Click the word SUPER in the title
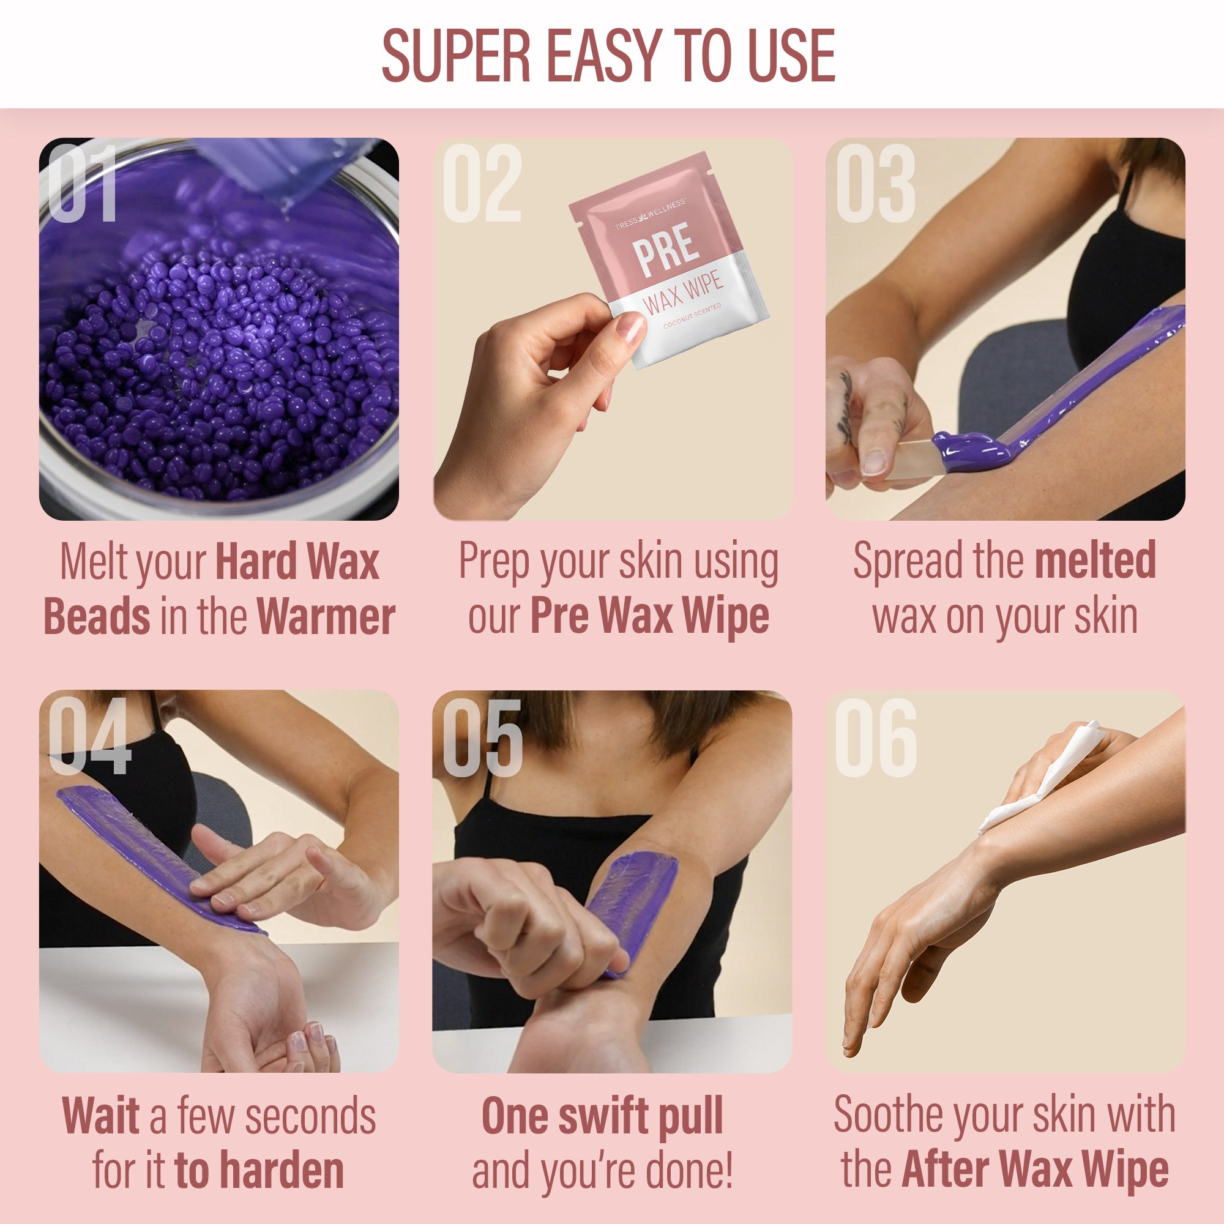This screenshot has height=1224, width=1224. point(456,56)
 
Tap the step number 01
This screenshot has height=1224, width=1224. point(83,183)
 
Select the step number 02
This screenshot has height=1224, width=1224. point(482,183)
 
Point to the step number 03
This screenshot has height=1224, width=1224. point(876,183)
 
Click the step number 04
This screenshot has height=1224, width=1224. point(89,736)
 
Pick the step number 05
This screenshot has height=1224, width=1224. point(483,737)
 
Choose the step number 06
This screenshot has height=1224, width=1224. point(876,737)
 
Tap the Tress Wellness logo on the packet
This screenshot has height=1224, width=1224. point(650,213)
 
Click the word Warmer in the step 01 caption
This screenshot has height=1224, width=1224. point(326,616)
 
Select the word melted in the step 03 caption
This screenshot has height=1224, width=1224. point(1095,560)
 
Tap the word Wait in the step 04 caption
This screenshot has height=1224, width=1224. point(101,1116)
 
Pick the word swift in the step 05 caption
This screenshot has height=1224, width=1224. point(604,1116)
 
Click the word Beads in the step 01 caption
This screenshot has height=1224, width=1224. point(97,616)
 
